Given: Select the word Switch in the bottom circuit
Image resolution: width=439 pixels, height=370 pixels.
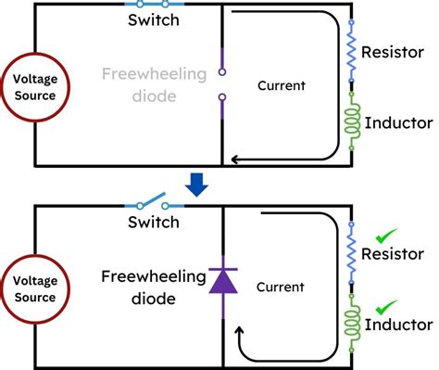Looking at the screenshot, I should pyautogui.click(x=154, y=223).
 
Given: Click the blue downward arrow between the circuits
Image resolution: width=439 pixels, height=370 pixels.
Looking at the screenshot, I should pyautogui.click(x=195, y=185).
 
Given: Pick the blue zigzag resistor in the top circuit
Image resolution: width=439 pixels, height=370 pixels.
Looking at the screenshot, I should pyautogui.click(x=352, y=54).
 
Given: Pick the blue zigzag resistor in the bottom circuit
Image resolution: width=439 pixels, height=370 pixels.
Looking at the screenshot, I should pyautogui.click(x=352, y=254).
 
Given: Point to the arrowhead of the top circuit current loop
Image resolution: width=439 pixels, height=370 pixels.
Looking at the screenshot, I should pyautogui.click(x=236, y=160).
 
